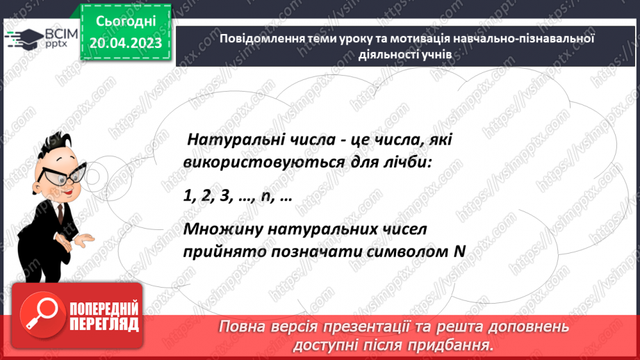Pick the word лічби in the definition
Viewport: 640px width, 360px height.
click(x=408, y=162)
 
